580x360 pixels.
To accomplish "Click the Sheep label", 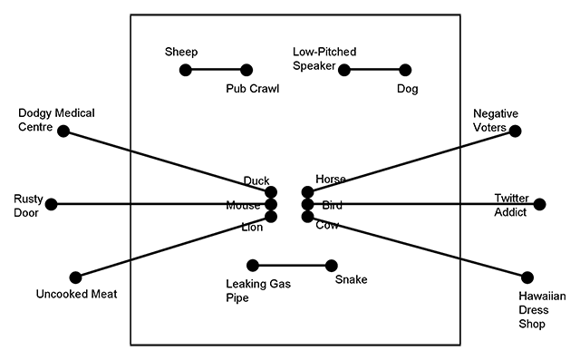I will tap(181, 52).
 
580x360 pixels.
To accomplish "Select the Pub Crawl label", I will tap(253, 89).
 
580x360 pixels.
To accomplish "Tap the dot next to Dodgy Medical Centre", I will tap(63, 131).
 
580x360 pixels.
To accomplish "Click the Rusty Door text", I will tap(23, 206).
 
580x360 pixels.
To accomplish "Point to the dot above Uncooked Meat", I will tap(76, 277).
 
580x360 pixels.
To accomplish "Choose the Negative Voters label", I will tap(496, 121).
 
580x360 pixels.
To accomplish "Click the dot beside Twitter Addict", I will tap(540, 204).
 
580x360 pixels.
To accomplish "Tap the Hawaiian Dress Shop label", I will tap(543, 309).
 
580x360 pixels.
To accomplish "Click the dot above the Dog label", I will tap(405, 70).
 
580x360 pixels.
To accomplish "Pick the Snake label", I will tap(351, 279).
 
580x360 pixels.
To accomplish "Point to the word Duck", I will tap(256, 180).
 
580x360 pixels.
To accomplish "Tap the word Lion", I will tap(252, 227).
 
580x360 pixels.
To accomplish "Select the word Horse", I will tap(331, 179).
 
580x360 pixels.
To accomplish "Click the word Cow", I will tap(327, 225).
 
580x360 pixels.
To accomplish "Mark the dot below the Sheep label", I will tap(186, 70).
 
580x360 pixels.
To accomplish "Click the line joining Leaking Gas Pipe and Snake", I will tap(290, 266).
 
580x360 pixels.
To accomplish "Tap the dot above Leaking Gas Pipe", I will tap(253, 266).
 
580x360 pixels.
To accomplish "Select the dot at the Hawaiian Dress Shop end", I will tap(528, 277).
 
